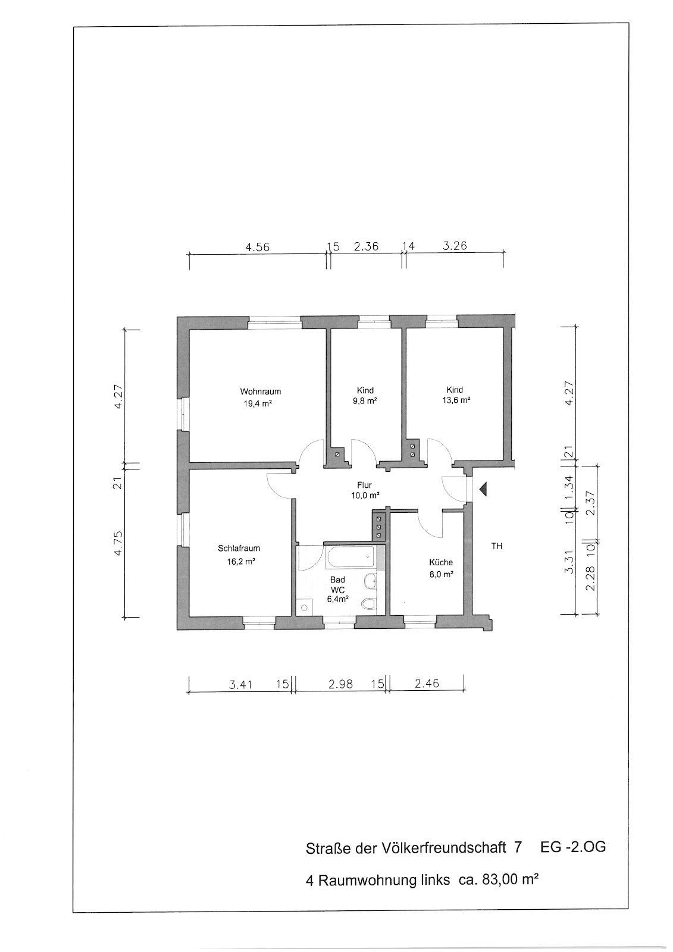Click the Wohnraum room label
tap(260, 392)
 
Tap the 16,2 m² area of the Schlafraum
tap(240, 562)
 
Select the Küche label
tap(441, 562)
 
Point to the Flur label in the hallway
tap(364, 485)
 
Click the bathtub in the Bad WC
tap(350, 557)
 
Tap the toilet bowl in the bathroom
tap(368, 603)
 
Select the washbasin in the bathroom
tap(370, 581)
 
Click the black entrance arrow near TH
tap(483, 490)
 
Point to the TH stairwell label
tap(496, 546)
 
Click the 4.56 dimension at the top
tap(258, 247)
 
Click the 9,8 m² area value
tap(365, 400)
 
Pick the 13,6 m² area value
tap(456, 399)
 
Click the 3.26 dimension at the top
tap(455, 246)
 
